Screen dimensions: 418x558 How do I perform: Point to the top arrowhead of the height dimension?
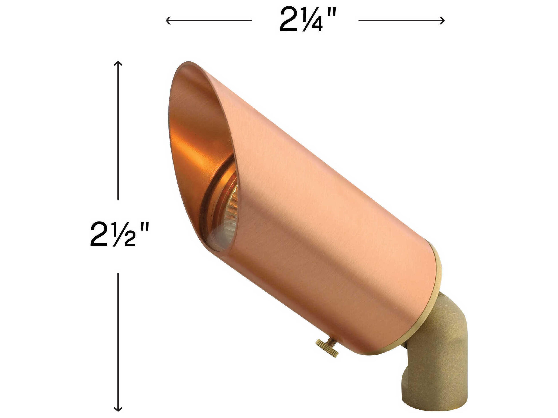pyautogui.click(x=118, y=63)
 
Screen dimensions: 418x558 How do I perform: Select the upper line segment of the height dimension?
pyautogui.click(x=118, y=131)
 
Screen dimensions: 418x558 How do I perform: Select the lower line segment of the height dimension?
pyautogui.click(x=118, y=340)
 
